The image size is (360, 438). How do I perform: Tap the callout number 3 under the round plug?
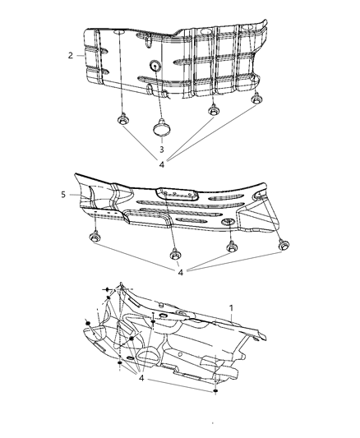(x=161, y=149)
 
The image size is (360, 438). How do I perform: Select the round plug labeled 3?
(x=160, y=127)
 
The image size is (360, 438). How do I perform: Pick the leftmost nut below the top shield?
(x=122, y=117)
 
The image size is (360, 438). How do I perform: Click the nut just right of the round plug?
(x=213, y=112)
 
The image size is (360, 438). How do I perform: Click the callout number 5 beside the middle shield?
(x=64, y=196)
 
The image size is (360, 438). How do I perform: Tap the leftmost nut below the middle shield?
(x=92, y=238)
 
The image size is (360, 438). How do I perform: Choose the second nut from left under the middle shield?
(x=176, y=252)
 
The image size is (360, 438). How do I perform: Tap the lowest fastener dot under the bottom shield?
(x=215, y=392)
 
